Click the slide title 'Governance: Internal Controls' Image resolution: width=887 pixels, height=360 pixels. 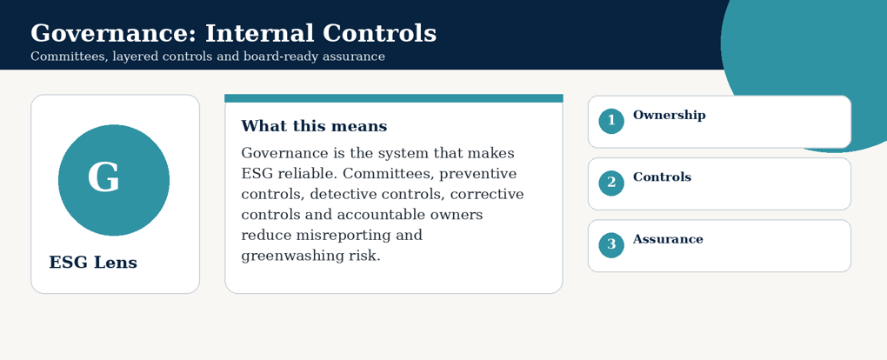233,33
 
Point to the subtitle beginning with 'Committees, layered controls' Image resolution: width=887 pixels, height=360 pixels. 208,57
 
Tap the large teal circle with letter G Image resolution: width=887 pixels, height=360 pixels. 114,180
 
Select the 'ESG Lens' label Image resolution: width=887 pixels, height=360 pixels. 93,263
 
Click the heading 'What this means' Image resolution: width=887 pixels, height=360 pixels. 314,126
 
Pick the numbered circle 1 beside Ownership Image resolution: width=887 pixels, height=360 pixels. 611,121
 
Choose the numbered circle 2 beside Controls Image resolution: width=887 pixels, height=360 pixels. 611,183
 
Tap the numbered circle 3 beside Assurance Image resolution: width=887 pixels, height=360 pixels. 611,245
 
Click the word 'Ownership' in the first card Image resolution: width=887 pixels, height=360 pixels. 670,116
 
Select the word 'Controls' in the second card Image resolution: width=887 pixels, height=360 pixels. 662,177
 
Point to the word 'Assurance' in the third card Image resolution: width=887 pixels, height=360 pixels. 668,239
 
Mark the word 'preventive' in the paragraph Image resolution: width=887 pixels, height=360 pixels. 478,174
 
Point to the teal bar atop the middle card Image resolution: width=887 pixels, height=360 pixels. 394,98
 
